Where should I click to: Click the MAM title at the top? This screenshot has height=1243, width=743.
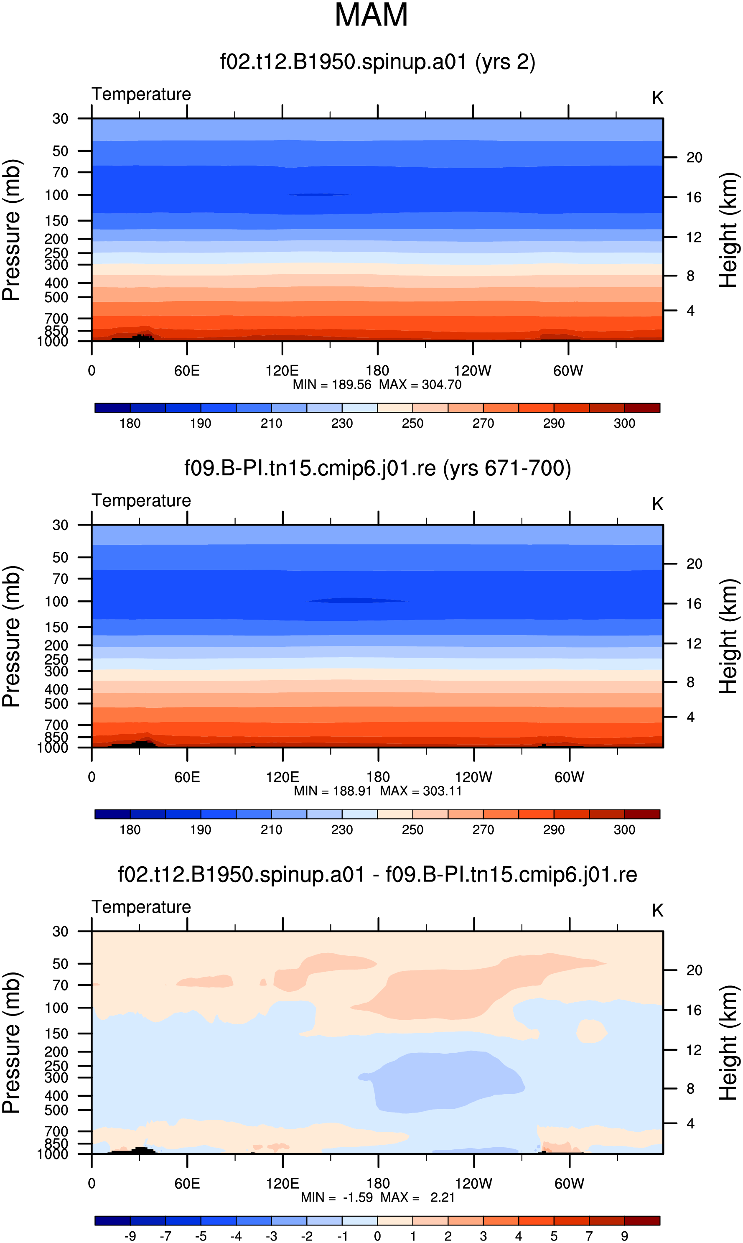click(371, 15)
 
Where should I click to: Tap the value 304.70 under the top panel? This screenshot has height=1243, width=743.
click(442, 385)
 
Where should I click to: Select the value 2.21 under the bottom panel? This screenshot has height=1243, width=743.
click(443, 1197)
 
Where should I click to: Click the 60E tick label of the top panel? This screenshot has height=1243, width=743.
click(187, 371)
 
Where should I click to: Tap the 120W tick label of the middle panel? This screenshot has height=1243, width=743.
click(473, 777)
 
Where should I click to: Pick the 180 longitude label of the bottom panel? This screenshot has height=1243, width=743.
click(378, 1184)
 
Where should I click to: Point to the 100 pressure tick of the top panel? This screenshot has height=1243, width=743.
click(56, 195)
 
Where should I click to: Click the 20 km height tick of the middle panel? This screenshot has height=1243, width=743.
click(695, 564)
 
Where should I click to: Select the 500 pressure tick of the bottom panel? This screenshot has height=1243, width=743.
click(56, 1110)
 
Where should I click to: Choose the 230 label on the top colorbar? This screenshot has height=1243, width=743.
click(342, 424)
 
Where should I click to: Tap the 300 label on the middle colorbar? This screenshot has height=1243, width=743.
click(624, 830)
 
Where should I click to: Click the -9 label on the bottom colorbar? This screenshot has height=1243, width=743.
click(130, 1236)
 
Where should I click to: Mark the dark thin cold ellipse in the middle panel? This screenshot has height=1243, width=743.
click(357, 600)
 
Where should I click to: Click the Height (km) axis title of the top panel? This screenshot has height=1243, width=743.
click(729, 230)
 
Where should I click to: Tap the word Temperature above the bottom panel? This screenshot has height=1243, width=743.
click(141, 907)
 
